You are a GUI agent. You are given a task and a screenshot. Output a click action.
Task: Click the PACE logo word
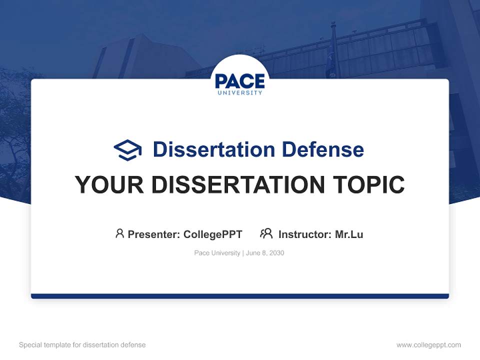tap(240, 81)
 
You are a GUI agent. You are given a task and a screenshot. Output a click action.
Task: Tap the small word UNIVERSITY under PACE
tap(240, 92)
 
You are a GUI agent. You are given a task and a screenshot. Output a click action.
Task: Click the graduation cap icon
tap(127, 150)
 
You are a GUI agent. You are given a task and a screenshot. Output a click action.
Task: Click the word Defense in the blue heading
tap(323, 149)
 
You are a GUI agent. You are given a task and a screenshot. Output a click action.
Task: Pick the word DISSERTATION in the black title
tap(238, 184)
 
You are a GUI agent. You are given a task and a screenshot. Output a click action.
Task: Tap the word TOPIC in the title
tap(369, 184)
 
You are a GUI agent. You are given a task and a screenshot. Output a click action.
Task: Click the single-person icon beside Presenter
tap(119, 233)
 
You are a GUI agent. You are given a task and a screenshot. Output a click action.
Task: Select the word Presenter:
tap(154, 234)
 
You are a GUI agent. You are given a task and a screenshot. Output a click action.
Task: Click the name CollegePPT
tap(213, 234)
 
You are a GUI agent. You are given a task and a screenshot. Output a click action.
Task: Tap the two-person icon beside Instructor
tap(266, 233)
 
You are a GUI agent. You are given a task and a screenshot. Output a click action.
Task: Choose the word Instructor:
tap(305, 234)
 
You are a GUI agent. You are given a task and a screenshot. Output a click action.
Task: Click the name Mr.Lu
tap(349, 234)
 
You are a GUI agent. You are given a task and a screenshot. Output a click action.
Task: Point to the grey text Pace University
tap(217, 253)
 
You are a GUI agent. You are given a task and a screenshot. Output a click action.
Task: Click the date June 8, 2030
tap(265, 253)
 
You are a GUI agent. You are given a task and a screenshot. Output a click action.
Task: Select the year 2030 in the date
tap(276, 253)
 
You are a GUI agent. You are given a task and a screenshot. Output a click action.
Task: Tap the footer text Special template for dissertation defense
tap(82, 345)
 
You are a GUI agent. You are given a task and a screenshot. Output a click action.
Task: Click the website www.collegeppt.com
tap(428, 345)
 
